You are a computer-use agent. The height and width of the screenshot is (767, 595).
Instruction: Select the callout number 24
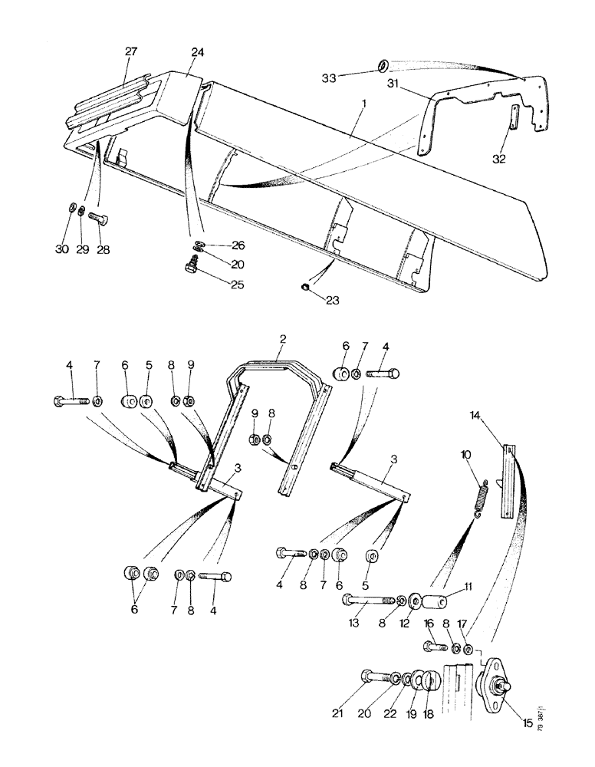click(198, 52)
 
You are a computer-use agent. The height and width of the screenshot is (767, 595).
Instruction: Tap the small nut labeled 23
click(304, 288)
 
